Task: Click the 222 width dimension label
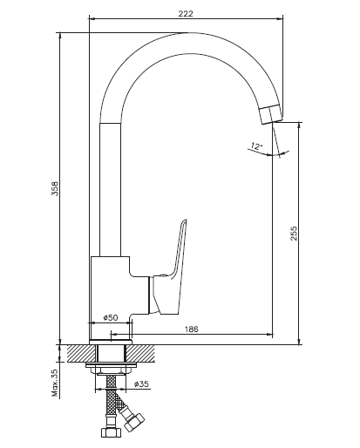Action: pyautogui.click(x=186, y=14)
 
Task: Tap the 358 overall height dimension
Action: pyautogui.click(x=55, y=188)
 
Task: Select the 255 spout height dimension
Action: pyautogui.click(x=294, y=234)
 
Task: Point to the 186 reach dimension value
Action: pyautogui.click(x=192, y=329)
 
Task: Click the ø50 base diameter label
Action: pyautogui.click(x=111, y=317)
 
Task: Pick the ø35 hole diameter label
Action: pyautogui.click(x=141, y=384)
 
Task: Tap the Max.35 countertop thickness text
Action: pyautogui.click(x=55, y=384)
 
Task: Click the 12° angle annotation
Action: pyautogui.click(x=256, y=146)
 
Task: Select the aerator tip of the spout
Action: pyautogui.click(x=271, y=114)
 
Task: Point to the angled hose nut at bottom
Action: pyautogui.click(x=134, y=423)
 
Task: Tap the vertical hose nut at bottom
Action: pyautogui.click(x=111, y=432)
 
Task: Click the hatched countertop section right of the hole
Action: pyautogui.click(x=140, y=353)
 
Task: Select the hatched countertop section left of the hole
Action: pyautogui.click(x=82, y=353)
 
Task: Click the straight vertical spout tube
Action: pyautogui.click(x=110, y=190)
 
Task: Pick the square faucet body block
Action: pyautogui.click(x=111, y=298)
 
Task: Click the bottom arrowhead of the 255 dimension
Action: pyautogui.click(x=299, y=342)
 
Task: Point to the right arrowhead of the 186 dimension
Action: pyautogui.click(x=270, y=335)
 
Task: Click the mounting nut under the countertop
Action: pyautogui.click(x=111, y=369)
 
